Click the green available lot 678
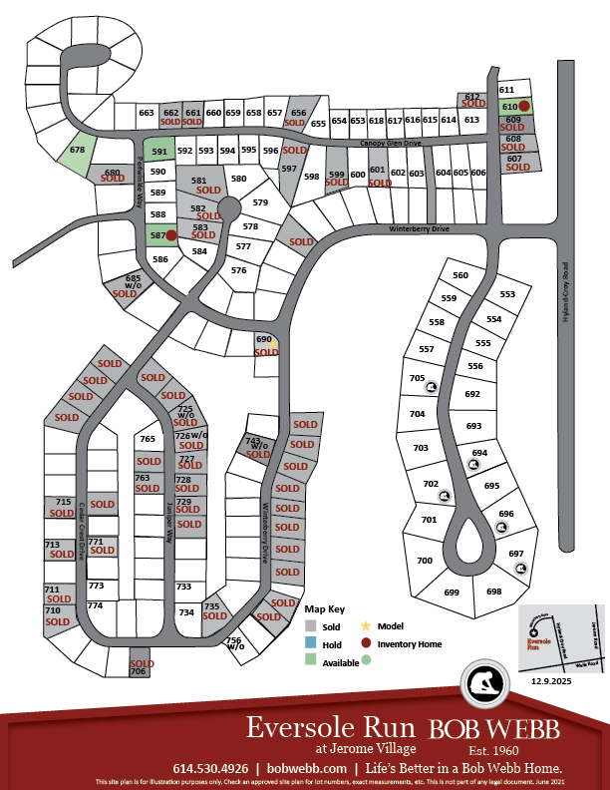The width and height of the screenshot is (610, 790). (x=77, y=153)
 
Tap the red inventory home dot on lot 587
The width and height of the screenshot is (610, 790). (x=170, y=235)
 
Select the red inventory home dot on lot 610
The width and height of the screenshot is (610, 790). (x=524, y=106)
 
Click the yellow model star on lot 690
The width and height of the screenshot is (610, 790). (x=272, y=344)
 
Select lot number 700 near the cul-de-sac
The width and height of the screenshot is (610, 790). (x=425, y=562)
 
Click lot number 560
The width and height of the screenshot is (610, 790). (x=459, y=275)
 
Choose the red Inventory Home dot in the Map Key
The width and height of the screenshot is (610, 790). (x=366, y=643)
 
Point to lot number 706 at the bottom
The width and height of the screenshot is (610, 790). (x=139, y=672)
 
